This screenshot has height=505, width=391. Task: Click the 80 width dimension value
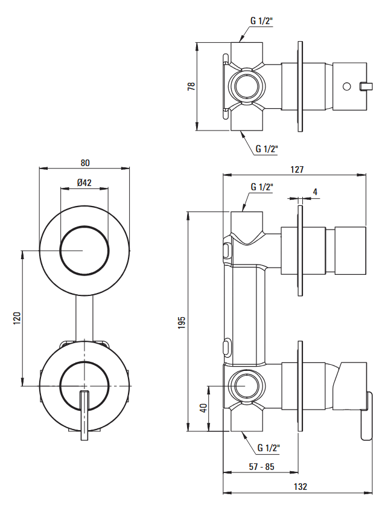(84, 162)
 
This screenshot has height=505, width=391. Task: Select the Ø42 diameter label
(84, 183)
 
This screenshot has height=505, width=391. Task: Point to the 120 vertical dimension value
(17, 318)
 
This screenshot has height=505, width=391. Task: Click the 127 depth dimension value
(296, 170)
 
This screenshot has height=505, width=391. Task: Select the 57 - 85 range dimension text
(261, 466)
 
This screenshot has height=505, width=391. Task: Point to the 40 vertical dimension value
(204, 408)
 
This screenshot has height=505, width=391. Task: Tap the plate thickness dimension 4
(315, 192)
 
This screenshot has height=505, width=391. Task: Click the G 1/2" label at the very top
(261, 21)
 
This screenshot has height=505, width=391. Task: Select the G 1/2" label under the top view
(266, 148)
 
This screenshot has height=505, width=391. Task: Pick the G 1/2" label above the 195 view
(261, 187)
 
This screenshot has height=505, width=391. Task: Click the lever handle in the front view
(84, 416)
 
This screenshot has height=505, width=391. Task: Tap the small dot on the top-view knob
(347, 85)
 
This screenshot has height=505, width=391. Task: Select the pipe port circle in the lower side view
(246, 386)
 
